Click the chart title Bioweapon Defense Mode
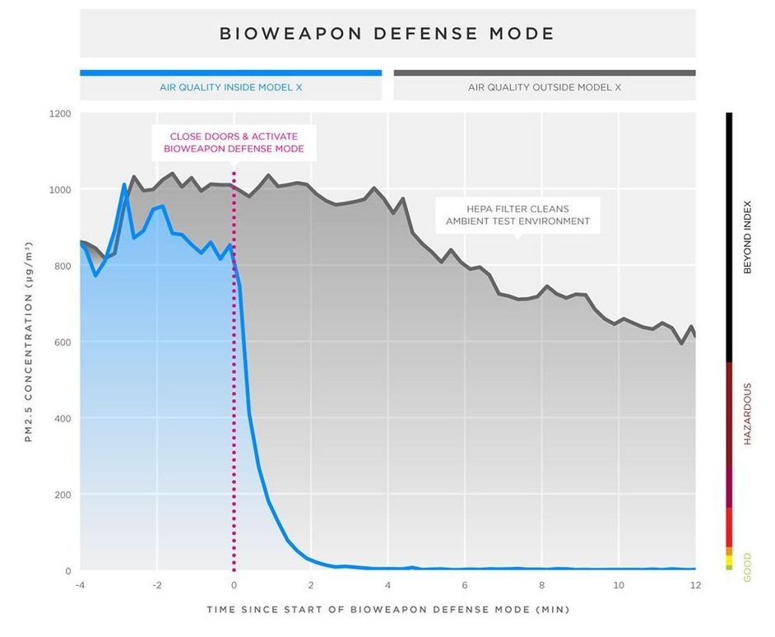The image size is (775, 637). (387, 34)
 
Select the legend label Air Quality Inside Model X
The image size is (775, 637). (230, 87)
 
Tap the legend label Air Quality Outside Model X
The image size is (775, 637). (544, 87)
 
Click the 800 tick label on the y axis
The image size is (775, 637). (63, 266)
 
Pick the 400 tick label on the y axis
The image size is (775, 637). (63, 419)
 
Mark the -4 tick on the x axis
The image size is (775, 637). (80, 585)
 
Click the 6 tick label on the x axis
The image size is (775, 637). (465, 585)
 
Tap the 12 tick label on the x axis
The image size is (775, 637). (695, 585)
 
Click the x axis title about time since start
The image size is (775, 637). (387, 610)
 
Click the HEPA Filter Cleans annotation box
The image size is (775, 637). (517, 215)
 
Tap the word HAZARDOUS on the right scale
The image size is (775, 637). (748, 414)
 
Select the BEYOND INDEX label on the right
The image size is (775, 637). (748, 237)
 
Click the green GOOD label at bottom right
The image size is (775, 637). (748, 565)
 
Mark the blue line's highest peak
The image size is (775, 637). (124, 184)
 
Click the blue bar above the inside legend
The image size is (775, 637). (230, 72)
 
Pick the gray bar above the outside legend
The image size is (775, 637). (544, 72)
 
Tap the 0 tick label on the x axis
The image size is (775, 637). (234, 585)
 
